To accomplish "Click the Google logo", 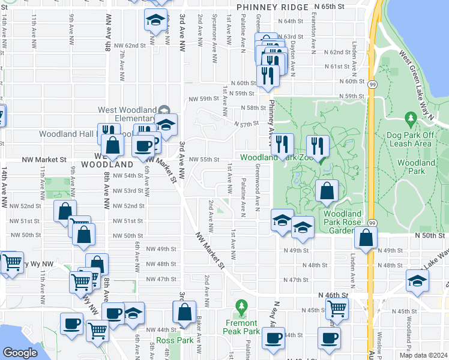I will pos(20,353).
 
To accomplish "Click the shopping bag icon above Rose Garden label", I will pos(326,191).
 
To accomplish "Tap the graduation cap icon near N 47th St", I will pos(417,280).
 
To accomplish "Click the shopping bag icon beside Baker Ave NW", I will pos(184,311).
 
